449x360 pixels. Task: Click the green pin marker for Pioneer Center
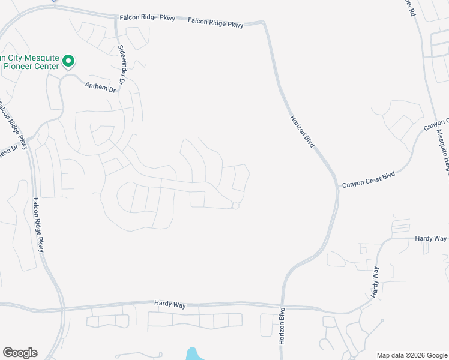point(68,61)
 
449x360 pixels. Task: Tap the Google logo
point(20,353)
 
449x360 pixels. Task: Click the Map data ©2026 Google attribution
point(412,355)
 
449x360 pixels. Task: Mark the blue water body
point(195,354)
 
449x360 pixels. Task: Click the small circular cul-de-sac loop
point(235,206)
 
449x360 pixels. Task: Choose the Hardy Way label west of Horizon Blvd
point(170,305)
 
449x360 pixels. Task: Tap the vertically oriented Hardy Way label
point(375,283)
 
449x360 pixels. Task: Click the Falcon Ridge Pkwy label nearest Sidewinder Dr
point(147,19)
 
